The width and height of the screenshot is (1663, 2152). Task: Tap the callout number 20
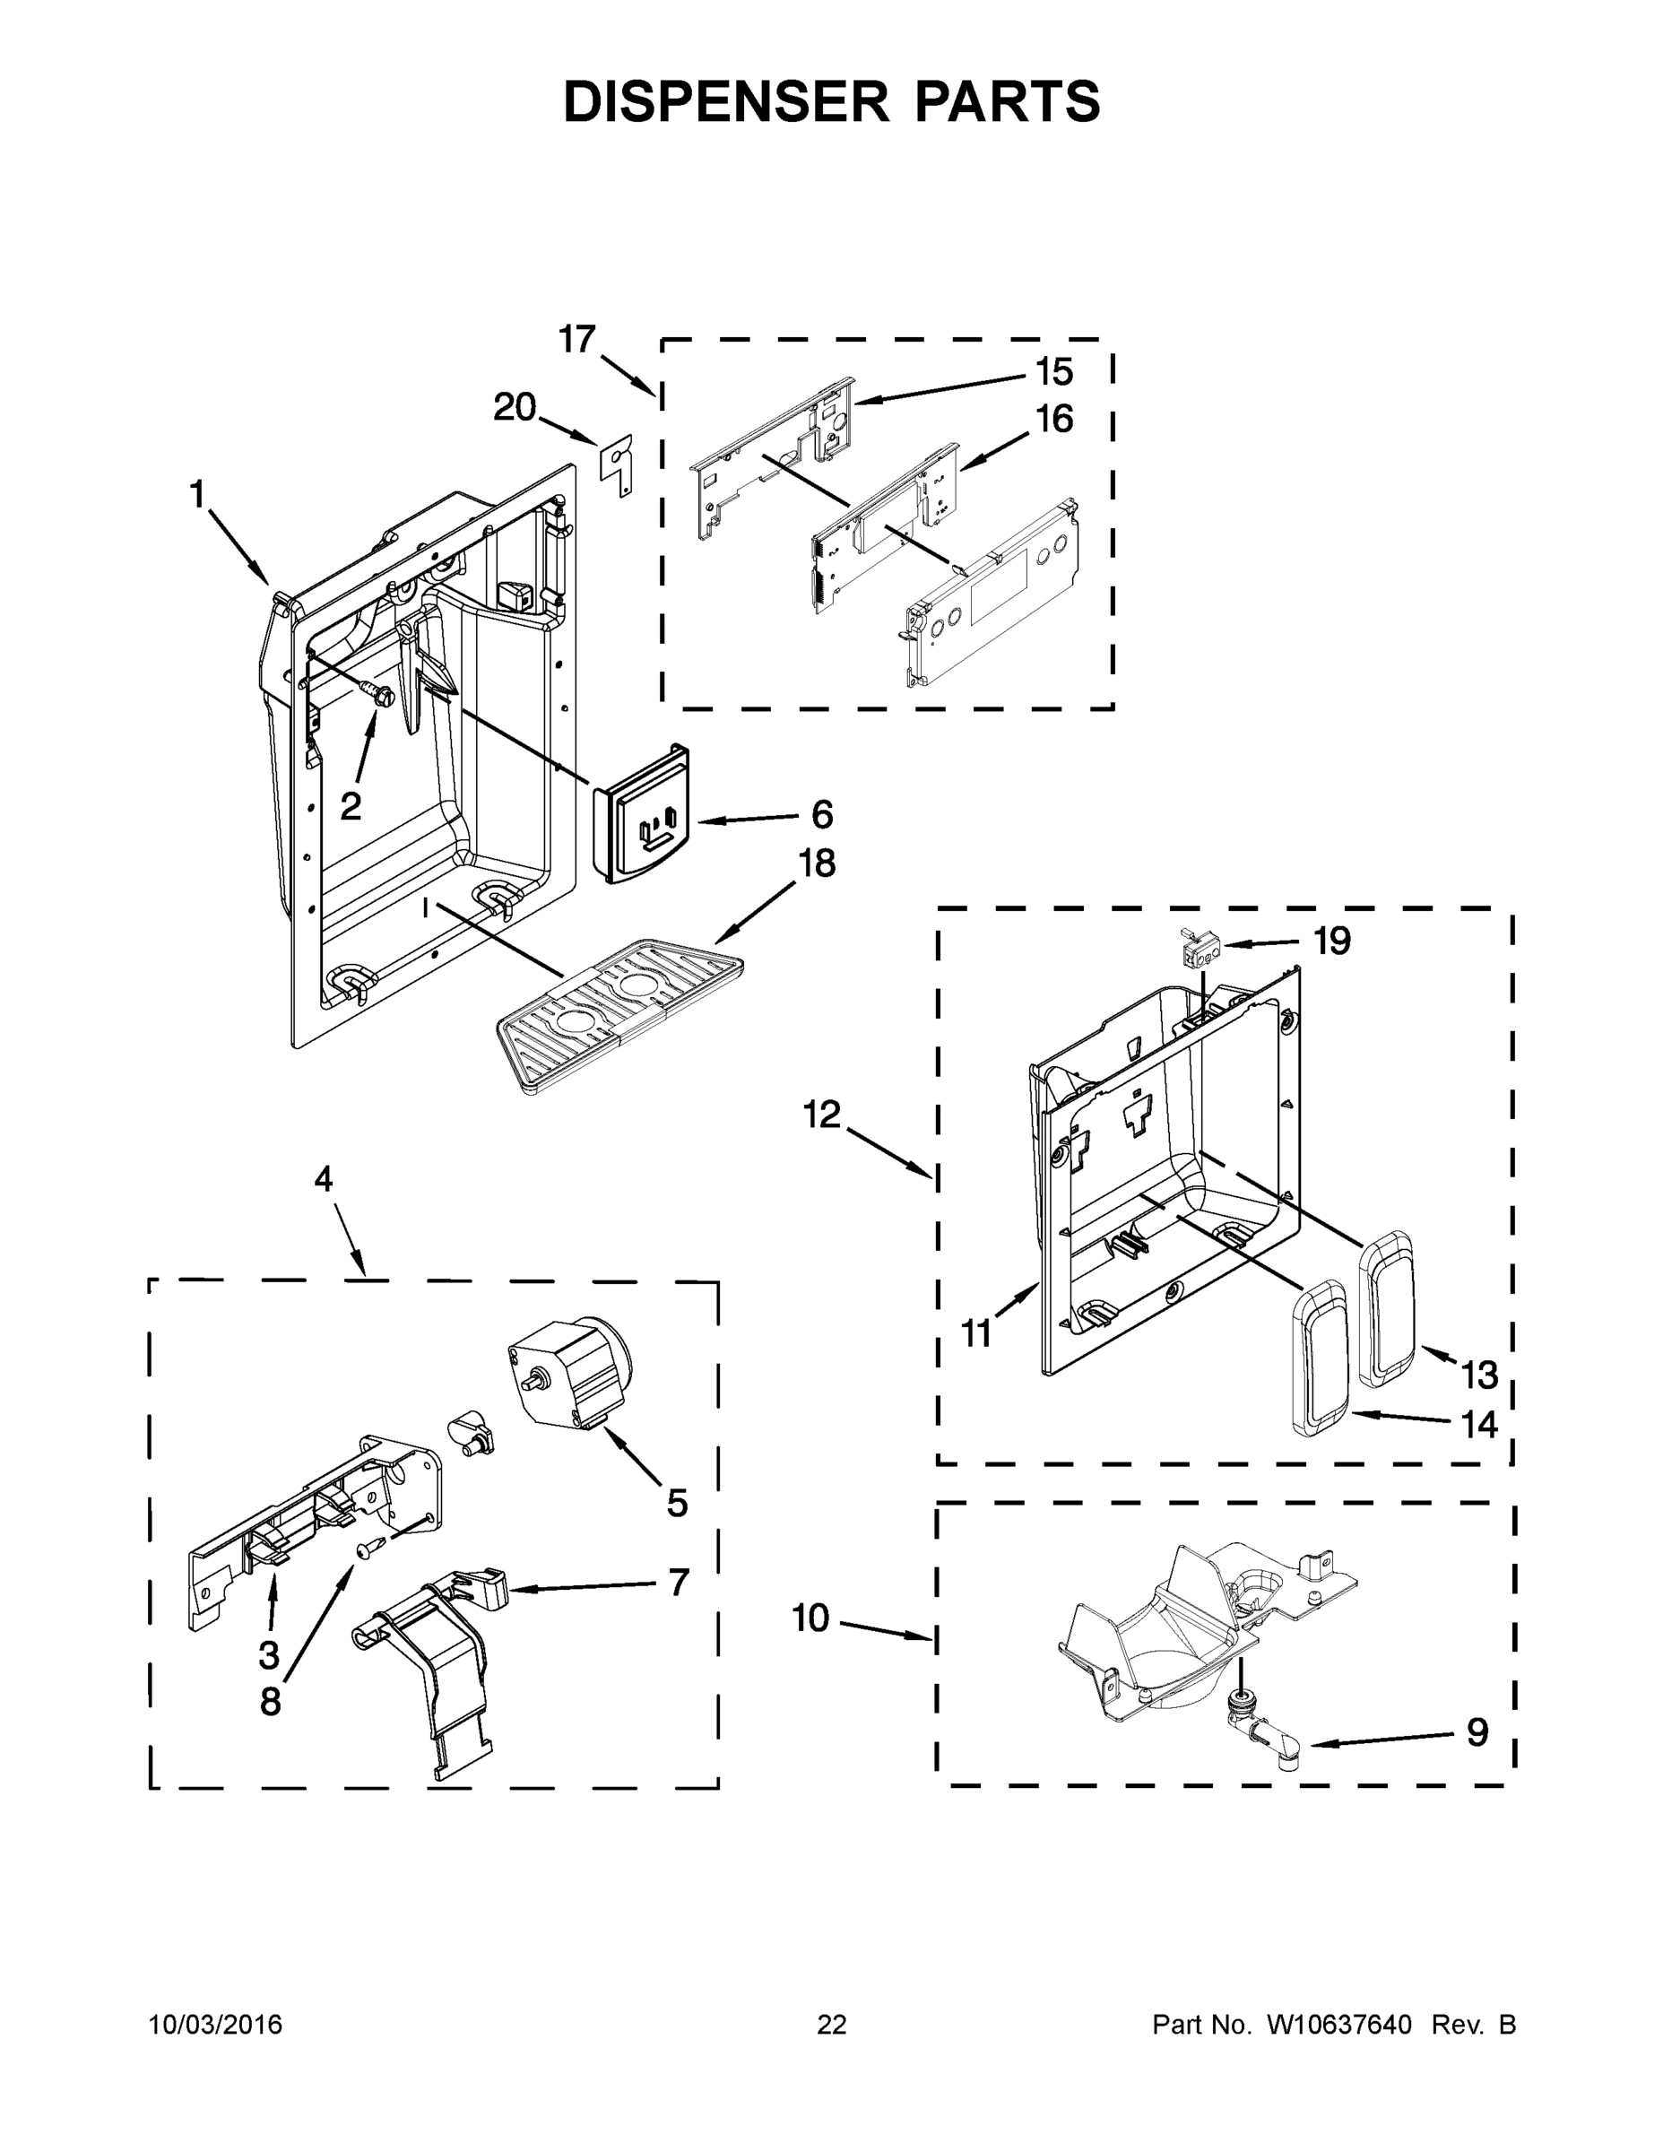515,407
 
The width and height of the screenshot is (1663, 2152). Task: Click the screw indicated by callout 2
379,695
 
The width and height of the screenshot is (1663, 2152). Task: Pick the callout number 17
577,339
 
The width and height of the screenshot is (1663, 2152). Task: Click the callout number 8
271,1702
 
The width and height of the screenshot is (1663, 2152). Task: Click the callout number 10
810,1618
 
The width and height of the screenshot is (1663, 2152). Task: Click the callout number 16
1054,419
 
